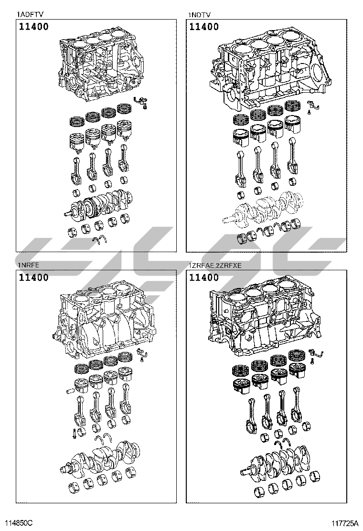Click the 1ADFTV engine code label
(30, 14)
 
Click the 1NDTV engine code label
(200, 14)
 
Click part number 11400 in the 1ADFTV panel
(33, 26)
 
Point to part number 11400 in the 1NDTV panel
(204, 26)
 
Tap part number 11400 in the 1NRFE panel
(33, 277)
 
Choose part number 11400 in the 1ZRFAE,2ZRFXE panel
(204, 277)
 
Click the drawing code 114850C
(19, 523)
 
